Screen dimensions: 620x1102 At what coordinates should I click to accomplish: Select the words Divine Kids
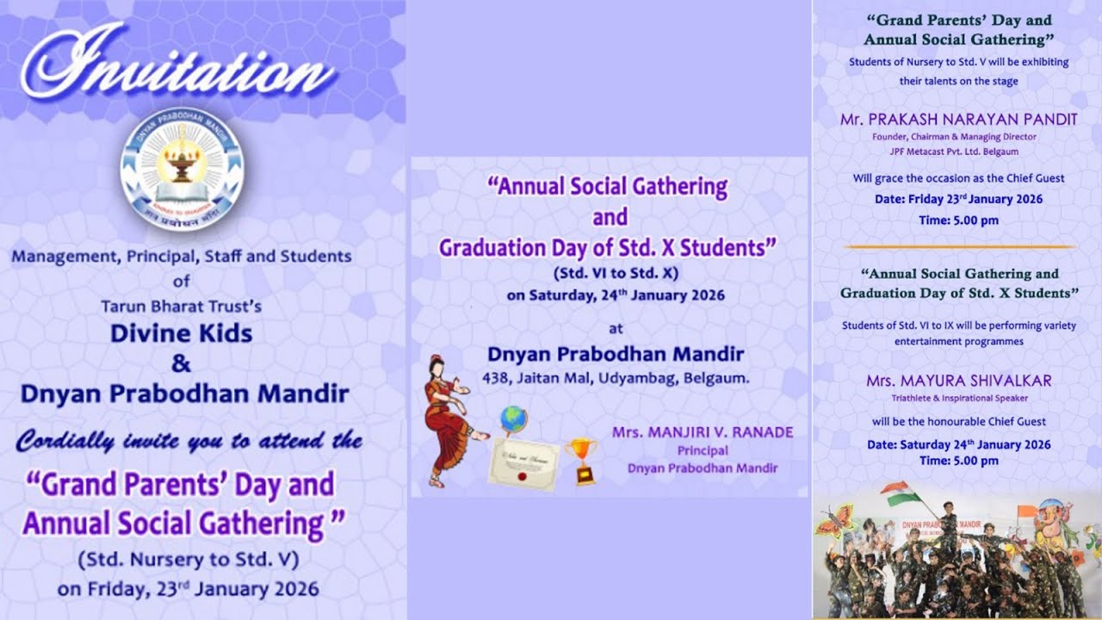(181, 333)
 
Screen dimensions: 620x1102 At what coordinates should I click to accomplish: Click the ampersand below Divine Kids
(181, 363)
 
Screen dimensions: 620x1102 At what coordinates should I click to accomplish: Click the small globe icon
(513, 420)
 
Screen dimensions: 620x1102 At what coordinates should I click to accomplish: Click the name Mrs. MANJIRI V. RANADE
(703, 432)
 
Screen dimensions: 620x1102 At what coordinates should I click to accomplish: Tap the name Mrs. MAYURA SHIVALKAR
(959, 380)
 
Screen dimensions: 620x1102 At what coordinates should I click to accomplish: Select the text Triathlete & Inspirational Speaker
(959, 399)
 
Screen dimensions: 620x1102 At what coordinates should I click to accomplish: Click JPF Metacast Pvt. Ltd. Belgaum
(954, 152)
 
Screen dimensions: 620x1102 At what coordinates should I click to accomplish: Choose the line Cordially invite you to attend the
(189, 442)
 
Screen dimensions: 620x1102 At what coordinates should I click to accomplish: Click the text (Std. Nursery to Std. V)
(188, 560)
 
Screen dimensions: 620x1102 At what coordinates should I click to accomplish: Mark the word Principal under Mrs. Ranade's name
(702, 450)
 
